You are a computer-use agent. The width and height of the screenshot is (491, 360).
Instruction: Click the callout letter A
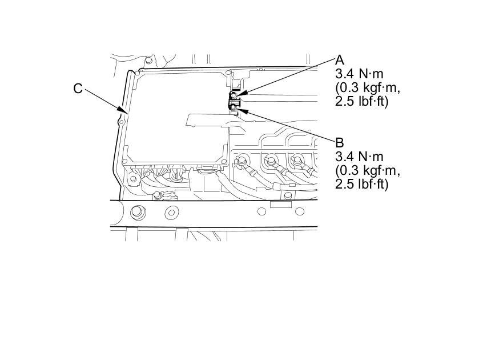340,60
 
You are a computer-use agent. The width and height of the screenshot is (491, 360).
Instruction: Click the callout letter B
340,142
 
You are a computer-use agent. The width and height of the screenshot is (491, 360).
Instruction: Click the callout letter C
78,89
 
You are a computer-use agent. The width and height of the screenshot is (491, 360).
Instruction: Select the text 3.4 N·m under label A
360,74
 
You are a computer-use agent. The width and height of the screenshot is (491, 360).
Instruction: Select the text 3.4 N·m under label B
360,157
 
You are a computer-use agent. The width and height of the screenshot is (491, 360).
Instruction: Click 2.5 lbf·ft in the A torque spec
362,102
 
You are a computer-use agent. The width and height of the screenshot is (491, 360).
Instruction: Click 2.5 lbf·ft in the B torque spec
362,184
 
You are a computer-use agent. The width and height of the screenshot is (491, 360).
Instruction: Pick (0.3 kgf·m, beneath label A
368,88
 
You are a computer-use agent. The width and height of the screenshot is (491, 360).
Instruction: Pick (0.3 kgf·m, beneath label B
368,170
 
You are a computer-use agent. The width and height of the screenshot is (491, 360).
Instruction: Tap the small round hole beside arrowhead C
121,122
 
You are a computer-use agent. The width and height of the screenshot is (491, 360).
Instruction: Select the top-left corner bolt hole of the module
139,72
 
